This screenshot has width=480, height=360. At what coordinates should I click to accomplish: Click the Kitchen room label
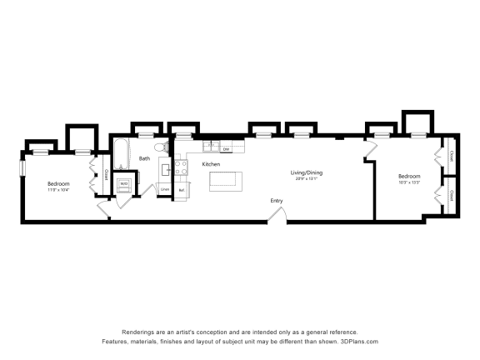coord(212,164)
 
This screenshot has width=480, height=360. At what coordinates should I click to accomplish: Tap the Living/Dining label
coord(307,172)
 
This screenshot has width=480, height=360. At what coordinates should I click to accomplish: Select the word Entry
coord(276,201)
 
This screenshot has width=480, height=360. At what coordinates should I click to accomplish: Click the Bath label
coord(144,158)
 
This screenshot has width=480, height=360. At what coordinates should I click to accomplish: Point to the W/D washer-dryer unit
coord(123,184)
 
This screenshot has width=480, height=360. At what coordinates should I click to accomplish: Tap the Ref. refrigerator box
coord(182,191)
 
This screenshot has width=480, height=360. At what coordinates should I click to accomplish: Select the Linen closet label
coord(165,190)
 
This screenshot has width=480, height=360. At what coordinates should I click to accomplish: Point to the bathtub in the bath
coord(121,157)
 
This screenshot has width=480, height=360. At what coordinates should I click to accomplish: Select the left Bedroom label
coord(58,183)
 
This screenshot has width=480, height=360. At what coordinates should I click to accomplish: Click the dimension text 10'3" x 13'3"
coord(409,182)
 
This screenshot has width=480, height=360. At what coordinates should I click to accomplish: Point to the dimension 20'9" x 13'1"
coord(307,178)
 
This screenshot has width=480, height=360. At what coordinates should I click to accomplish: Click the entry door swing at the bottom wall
coord(277,215)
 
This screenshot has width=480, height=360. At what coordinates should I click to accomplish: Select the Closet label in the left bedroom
coord(106,175)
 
